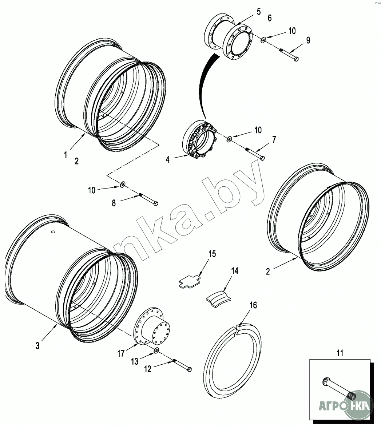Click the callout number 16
click(x=253, y=305)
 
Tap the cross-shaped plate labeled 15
click(x=190, y=282)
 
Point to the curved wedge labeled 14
click(x=219, y=299)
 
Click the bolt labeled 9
click(x=289, y=55)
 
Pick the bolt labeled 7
click(x=255, y=154)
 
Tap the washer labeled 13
click(x=156, y=350)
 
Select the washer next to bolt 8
click(x=123, y=185)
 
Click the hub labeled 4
click(x=199, y=139)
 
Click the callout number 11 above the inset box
click(x=340, y=353)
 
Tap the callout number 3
click(x=37, y=346)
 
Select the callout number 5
click(x=258, y=12)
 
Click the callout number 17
click(x=121, y=353)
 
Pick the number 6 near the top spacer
click(x=270, y=18)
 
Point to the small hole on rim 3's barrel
click(x=53, y=232)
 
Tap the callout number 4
click(x=167, y=159)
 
